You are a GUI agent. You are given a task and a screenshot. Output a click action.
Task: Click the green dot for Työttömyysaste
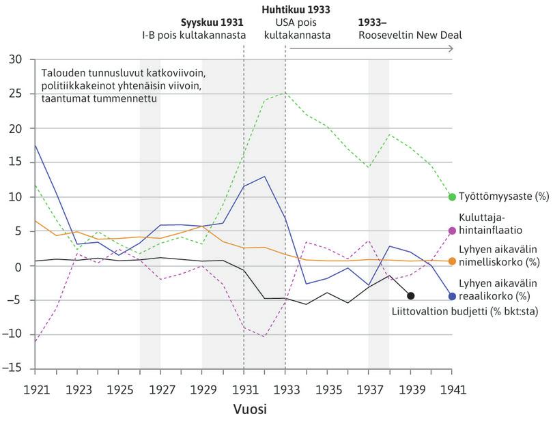[x=452, y=197]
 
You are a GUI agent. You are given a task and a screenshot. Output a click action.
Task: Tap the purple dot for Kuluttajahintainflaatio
[x=452, y=231]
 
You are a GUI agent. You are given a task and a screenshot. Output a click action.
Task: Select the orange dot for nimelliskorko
[x=452, y=261]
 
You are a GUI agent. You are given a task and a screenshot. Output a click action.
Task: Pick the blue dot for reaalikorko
[x=452, y=296]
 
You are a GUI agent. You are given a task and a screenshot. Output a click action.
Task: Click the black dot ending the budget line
[x=410, y=295]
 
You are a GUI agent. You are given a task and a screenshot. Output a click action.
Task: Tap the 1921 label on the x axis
[x=34, y=390]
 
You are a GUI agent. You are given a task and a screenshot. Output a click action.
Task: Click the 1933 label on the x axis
[x=285, y=390]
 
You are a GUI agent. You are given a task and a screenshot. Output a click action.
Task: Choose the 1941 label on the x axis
[x=452, y=390]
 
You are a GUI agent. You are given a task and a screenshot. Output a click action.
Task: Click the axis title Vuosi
[x=243, y=410]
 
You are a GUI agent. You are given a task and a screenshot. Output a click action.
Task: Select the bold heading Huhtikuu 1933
[x=296, y=10]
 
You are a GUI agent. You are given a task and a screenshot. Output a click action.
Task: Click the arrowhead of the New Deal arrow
[x=451, y=48]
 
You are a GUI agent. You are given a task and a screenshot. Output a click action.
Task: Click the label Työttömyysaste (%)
[x=503, y=197]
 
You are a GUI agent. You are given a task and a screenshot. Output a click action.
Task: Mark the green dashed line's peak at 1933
[x=285, y=93]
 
